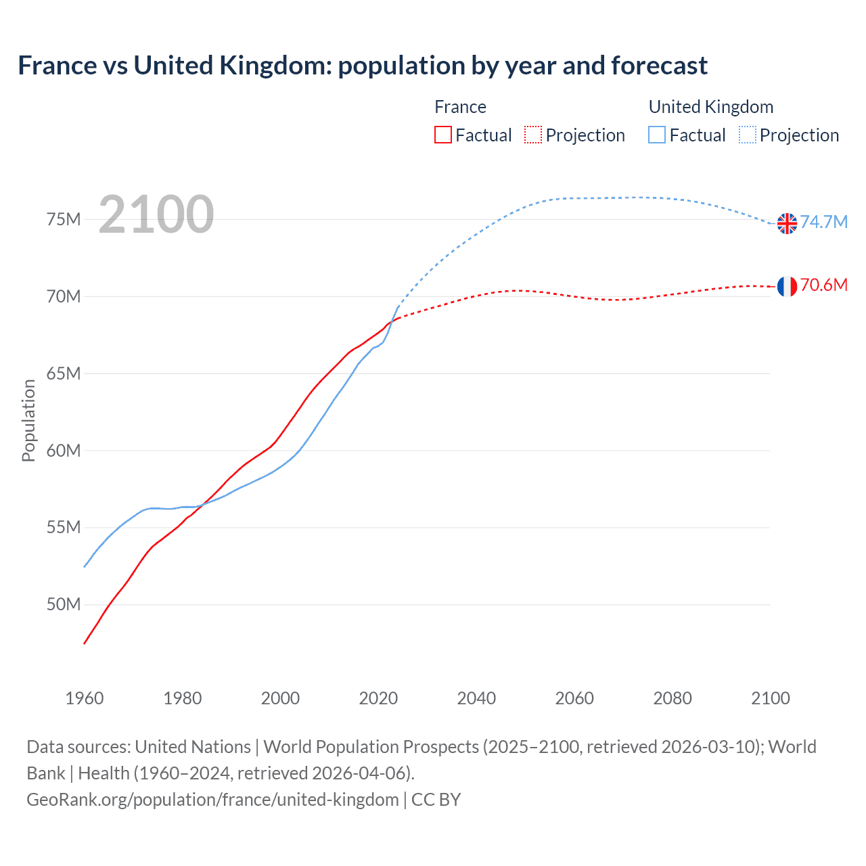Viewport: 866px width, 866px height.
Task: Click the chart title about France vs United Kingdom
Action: (363, 66)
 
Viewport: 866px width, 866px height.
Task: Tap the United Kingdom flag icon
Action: (787, 223)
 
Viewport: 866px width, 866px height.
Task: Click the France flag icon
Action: (787, 286)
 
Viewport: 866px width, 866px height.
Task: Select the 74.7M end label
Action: (824, 223)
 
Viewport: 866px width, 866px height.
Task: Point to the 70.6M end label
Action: (824, 286)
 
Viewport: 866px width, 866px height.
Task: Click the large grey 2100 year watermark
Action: (156, 214)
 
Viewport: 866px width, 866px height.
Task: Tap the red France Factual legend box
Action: (443, 135)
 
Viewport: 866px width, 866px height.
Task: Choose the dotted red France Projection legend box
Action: (533, 135)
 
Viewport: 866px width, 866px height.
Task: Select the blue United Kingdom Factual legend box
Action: (657, 135)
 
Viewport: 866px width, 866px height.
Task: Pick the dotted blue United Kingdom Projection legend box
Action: (748, 135)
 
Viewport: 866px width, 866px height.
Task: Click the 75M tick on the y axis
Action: (64, 220)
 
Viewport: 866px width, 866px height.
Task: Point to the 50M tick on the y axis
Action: (64, 604)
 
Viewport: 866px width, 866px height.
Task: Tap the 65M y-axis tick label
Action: (64, 373)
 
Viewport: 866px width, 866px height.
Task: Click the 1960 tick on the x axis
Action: (85, 698)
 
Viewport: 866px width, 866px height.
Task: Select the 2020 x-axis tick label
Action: (378, 698)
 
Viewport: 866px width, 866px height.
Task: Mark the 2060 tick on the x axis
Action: (574, 698)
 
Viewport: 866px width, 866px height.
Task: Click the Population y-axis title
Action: (28, 420)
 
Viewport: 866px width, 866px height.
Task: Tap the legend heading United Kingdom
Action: (711, 107)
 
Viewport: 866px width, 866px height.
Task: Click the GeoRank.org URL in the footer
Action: (212, 800)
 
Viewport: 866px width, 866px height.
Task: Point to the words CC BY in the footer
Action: (436, 800)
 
